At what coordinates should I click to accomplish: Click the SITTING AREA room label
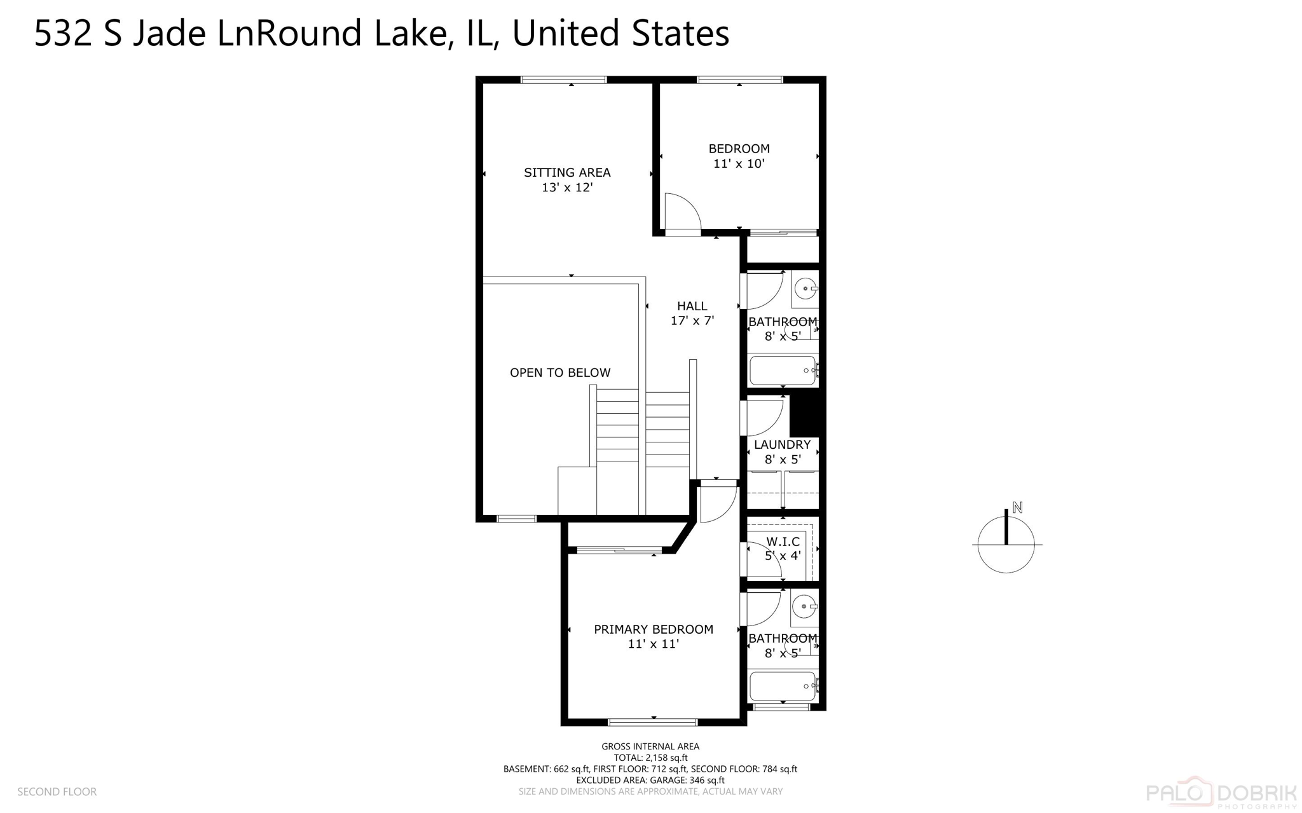pos(566,172)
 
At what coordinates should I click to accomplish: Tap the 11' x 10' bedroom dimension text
pos(738,163)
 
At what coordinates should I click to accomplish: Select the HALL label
pos(692,306)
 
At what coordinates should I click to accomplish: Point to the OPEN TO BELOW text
pos(559,372)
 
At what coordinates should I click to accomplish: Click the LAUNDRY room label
pos(782,444)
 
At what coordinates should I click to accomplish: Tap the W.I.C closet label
pos(783,542)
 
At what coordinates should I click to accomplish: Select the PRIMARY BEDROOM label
pos(653,629)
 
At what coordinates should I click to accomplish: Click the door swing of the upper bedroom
pos(681,212)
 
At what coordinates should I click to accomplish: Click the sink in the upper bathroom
pos(805,289)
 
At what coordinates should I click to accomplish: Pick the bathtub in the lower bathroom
pos(783,686)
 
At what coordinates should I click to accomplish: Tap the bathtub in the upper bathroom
pos(783,370)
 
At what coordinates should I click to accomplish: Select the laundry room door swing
pos(764,417)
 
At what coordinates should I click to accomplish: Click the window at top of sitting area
pos(563,80)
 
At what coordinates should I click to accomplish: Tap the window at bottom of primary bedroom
pos(653,722)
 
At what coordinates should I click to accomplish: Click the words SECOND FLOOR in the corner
pos(57,791)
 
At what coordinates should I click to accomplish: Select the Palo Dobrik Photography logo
pos(1221,793)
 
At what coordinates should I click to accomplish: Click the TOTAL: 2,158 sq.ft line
pos(650,758)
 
